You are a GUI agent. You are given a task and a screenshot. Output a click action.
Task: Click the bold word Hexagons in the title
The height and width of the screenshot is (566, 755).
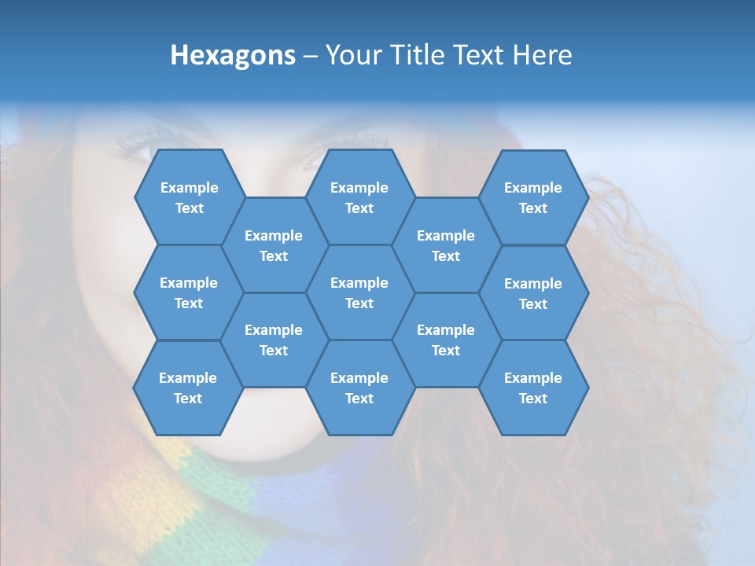click(x=233, y=56)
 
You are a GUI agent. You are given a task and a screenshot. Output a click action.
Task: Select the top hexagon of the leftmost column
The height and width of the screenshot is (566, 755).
click(x=189, y=197)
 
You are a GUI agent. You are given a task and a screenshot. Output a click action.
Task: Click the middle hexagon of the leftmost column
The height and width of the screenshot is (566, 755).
click(x=189, y=292)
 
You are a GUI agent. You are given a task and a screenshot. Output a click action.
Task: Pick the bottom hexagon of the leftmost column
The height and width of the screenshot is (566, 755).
click(x=188, y=388)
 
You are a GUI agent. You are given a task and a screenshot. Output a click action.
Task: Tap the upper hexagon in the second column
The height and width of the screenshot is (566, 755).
click(x=274, y=245)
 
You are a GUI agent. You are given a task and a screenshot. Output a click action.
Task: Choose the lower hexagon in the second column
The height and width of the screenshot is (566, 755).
click(x=274, y=340)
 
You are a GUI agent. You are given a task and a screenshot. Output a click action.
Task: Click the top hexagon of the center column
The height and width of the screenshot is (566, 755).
click(x=359, y=197)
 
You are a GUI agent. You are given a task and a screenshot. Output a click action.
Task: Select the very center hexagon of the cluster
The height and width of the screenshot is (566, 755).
click(x=359, y=292)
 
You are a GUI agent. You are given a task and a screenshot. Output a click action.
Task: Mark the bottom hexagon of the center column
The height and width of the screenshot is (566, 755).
click(x=359, y=388)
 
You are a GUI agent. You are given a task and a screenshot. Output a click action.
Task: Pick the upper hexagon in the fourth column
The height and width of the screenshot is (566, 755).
click(x=446, y=245)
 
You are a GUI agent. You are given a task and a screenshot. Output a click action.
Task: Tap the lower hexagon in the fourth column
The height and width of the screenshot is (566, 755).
click(x=446, y=340)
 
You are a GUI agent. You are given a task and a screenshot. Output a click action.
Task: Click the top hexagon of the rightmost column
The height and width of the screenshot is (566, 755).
click(x=533, y=197)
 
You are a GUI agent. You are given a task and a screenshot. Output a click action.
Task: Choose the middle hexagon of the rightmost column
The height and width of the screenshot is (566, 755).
click(x=533, y=293)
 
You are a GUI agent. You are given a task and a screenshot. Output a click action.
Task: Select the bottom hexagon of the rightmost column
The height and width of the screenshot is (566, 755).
click(x=533, y=388)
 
